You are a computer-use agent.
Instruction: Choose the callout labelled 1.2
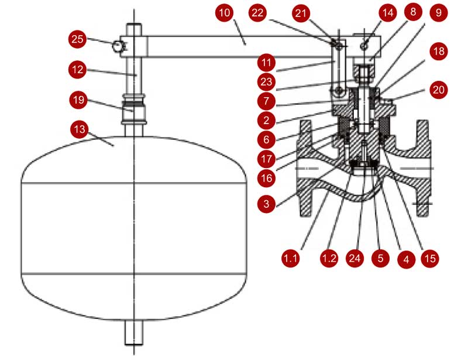pos(328,256)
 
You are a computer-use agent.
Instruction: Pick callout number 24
pos(360,256)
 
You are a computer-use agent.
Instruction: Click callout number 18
pos(436,52)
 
